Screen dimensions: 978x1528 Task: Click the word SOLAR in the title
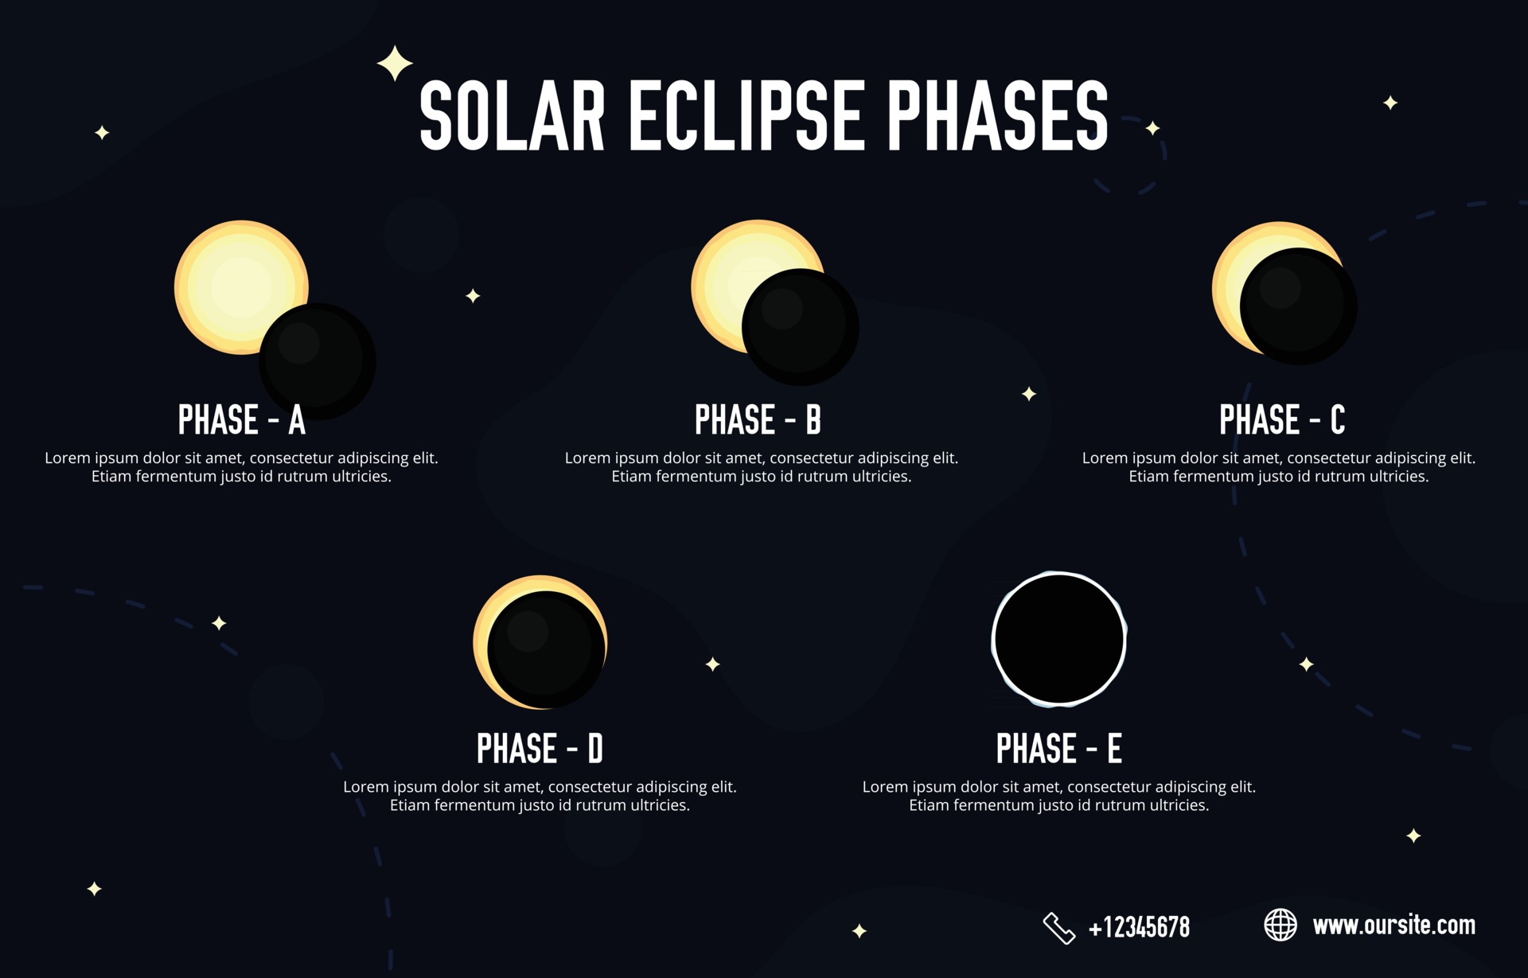click(x=512, y=116)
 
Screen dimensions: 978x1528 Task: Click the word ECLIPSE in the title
click(x=746, y=116)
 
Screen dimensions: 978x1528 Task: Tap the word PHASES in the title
click(x=997, y=116)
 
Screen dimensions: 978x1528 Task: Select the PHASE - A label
click(x=241, y=420)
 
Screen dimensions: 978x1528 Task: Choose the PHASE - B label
click(x=758, y=420)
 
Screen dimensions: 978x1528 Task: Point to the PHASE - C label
click(x=1282, y=420)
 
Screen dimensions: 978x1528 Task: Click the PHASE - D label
click(x=540, y=749)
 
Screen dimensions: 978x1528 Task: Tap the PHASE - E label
click(x=1058, y=749)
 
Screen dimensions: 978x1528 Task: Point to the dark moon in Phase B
click(x=800, y=326)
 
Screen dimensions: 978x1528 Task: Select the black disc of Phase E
click(x=1058, y=639)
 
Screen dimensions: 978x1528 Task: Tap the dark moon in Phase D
click(x=546, y=649)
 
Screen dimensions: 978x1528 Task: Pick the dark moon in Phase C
click(x=1298, y=306)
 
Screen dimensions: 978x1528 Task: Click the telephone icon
click(x=1058, y=928)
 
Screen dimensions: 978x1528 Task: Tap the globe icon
click(x=1280, y=925)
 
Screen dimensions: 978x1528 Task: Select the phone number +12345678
click(x=1139, y=928)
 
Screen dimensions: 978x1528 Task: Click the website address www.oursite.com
click(x=1394, y=925)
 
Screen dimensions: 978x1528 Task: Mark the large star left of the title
click(x=395, y=64)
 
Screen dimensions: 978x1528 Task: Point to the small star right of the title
click(x=1152, y=128)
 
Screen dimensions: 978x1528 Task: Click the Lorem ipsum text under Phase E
click(x=1058, y=796)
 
